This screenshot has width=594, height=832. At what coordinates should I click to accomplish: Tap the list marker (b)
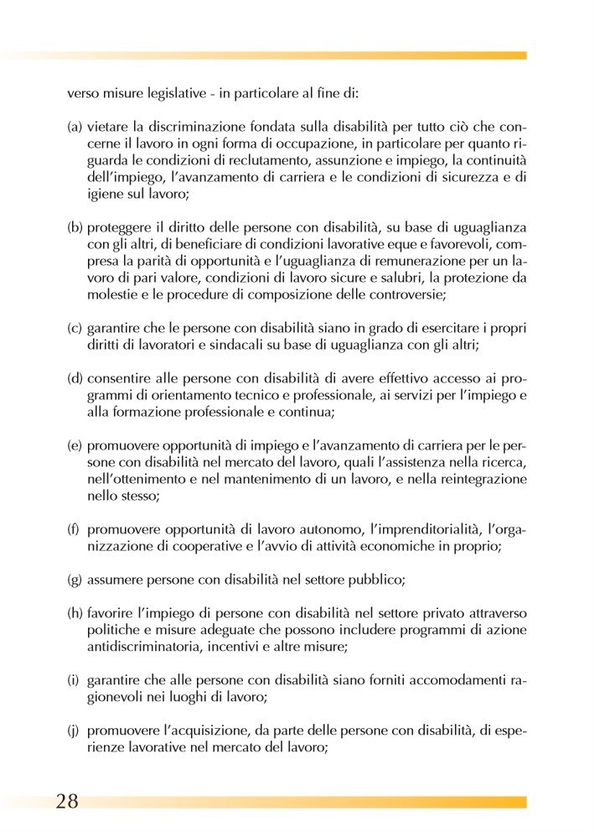(75, 227)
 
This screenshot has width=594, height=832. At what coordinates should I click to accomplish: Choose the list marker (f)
(73, 530)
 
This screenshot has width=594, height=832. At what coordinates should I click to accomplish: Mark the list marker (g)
(75, 579)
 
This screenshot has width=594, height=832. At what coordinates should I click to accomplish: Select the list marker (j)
(73, 729)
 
